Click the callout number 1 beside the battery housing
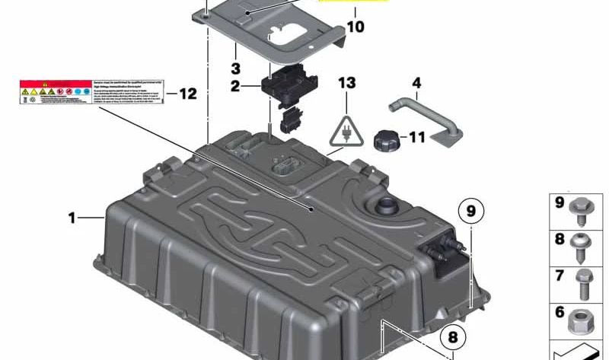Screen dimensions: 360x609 click(x=72, y=218)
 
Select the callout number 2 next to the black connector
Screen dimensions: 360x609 click(x=235, y=86)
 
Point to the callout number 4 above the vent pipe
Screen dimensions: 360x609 click(x=416, y=82)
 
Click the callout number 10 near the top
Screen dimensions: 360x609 click(x=356, y=27)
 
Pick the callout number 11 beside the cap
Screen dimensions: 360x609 click(x=416, y=138)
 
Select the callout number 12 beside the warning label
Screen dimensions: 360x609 click(x=187, y=94)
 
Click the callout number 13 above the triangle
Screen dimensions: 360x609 click(x=347, y=82)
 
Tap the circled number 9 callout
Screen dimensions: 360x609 click(x=470, y=210)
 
